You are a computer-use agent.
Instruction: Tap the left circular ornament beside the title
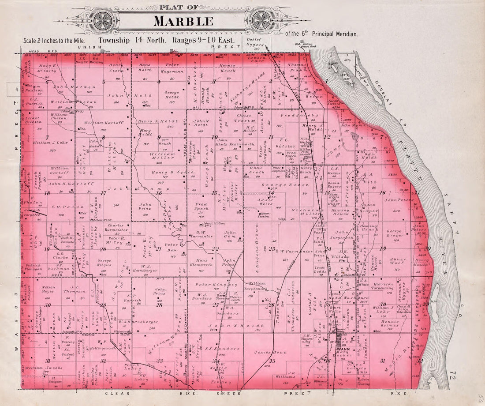coord(103,20)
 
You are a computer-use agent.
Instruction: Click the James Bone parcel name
coord(267,352)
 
